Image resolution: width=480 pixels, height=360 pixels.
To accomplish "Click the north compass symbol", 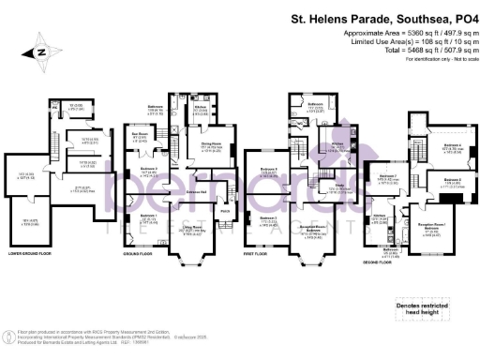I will point(40,54).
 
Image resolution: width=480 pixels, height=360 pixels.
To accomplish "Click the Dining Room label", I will point(210,147).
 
